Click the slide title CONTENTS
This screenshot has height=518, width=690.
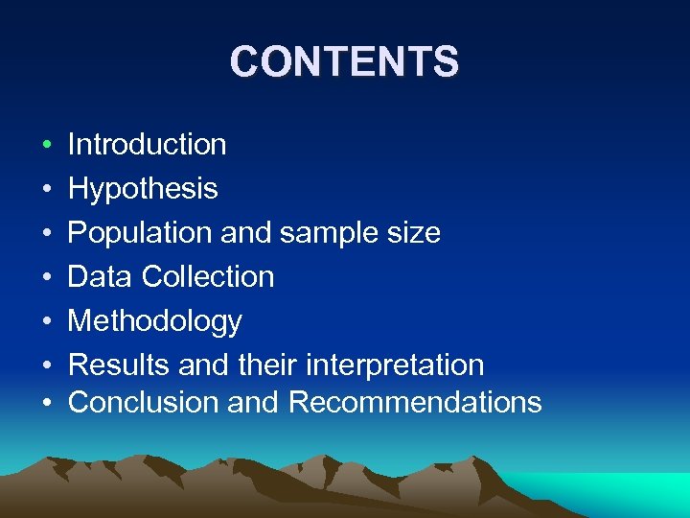pos(344,62)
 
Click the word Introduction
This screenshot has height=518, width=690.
pos(147,145)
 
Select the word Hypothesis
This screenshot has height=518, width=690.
pos(143,189)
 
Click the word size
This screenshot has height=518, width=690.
pos(419,233)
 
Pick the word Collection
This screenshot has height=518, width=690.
pos(208,277)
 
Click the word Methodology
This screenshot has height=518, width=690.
pos(154,321)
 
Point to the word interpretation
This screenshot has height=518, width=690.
pos(395,365)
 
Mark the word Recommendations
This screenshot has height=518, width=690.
pos(414,402)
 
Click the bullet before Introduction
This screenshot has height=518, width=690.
pos(46,146)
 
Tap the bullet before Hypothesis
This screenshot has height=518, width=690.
pos(46,190)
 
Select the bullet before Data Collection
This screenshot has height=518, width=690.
pos(46,278)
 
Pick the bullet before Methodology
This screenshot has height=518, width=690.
pos(46,322)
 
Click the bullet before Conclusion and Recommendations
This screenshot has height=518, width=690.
pos(46,403)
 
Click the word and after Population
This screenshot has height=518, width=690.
pos(250,233)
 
